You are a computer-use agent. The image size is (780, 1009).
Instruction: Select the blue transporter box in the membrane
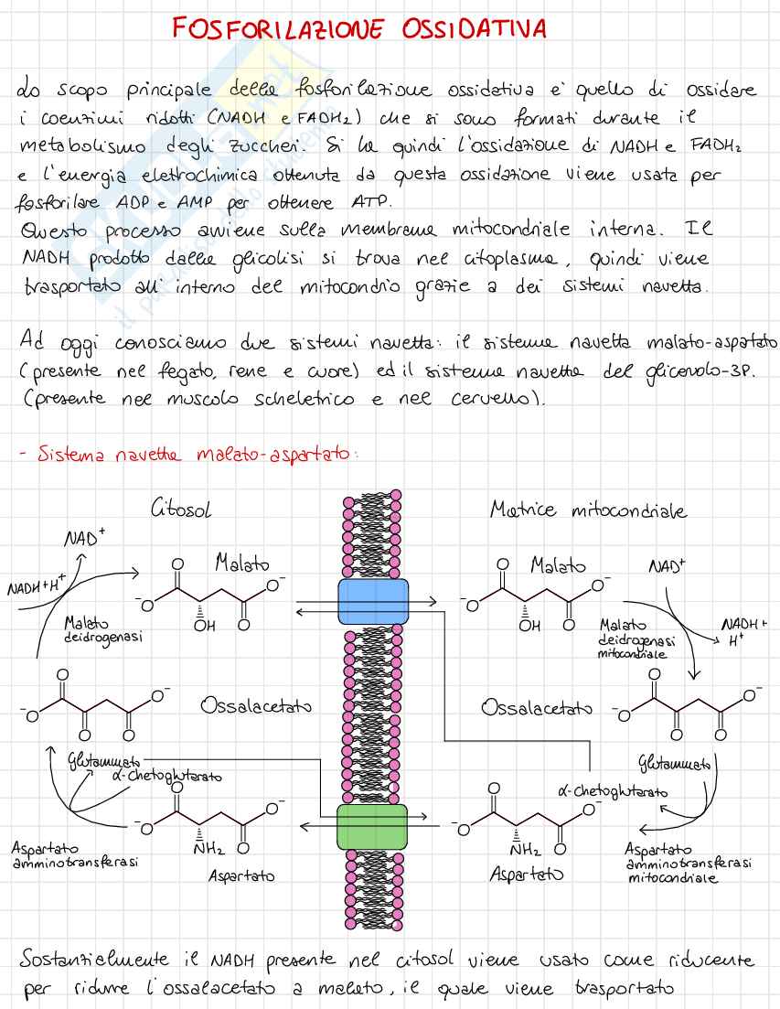373,601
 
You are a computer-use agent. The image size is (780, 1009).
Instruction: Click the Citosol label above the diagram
181,510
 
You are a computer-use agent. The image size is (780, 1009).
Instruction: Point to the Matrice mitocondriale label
588,510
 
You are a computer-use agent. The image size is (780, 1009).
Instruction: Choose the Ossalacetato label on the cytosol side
256,706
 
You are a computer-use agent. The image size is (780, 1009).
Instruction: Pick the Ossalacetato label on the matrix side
536,707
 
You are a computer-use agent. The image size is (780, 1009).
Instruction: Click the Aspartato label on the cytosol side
241,875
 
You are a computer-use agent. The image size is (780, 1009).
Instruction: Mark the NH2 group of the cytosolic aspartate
209,848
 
